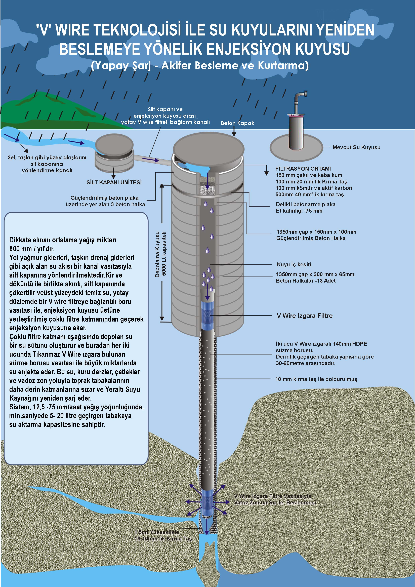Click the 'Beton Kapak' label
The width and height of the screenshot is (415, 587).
pos(238,123)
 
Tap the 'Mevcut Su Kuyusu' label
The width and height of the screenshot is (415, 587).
pos(356,147)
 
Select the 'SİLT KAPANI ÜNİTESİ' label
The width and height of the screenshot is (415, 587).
pos(114,182)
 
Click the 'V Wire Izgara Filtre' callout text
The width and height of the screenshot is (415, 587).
pos(305,316)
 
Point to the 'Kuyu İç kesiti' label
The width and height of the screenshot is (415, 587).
pos(294,264)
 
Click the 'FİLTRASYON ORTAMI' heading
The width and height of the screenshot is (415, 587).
pos(303,169)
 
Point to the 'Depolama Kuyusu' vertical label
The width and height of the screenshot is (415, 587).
pos(157,254)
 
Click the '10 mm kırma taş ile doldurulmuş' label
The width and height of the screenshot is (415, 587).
pos(316,379)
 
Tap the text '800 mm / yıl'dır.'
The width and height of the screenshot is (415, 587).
pos(32,249)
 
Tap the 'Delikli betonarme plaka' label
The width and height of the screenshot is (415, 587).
pos(306,204)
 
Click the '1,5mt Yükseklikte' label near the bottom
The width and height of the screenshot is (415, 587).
pos(157,532)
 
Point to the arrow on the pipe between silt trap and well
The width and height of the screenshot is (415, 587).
pos(151,160)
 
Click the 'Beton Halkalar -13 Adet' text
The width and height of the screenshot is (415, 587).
pos(306,281)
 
